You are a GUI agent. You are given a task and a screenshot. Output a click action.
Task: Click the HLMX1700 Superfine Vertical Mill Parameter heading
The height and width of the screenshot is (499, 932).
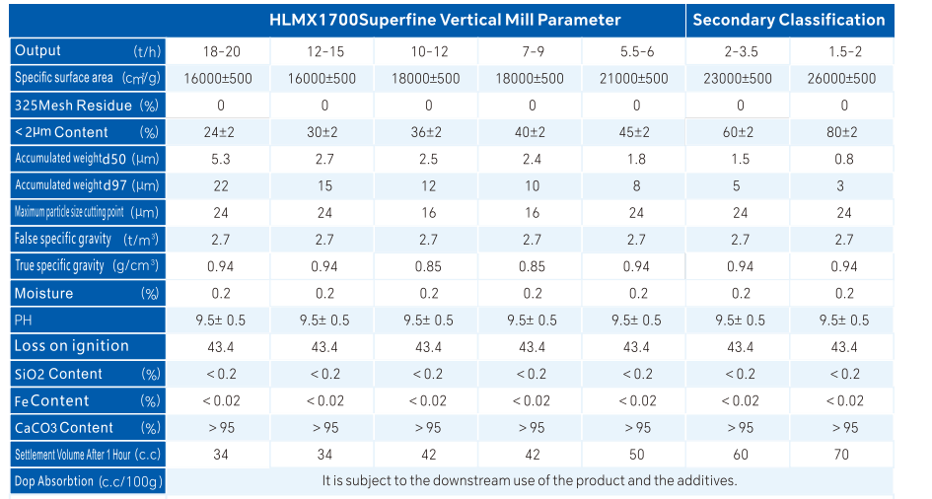tap(445, 20)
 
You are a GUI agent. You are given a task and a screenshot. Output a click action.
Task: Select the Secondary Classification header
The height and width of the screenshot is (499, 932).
tap(789, 20)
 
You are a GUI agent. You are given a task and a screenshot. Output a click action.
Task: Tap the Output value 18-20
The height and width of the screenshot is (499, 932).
tap(221, 51)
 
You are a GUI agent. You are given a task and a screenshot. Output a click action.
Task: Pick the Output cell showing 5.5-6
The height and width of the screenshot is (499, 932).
tap(636, 51)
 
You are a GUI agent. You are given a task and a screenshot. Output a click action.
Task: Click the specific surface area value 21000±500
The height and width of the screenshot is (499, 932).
tap(636, 79)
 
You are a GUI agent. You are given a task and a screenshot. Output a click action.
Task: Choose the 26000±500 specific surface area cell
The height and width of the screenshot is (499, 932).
tap(844, 79)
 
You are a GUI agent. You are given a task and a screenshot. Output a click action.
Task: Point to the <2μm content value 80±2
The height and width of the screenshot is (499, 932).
tap(844, 132)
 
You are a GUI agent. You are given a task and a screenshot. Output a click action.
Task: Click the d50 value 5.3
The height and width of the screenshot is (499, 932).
tap(221, 159)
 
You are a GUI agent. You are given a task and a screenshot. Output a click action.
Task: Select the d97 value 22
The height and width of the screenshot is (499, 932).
tap(221, 185)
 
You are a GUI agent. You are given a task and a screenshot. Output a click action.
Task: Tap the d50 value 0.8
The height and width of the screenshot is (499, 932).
tap(844, 159)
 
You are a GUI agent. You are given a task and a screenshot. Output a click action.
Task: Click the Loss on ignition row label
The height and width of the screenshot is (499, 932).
tap(72, 346)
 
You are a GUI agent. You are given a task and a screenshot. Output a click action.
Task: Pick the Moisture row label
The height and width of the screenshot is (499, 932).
tap(43, 293)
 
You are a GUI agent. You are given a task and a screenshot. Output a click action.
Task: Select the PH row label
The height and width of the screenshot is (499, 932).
tap(24, 320)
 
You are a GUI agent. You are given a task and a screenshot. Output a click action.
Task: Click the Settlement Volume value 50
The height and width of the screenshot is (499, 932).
tap(636, 455)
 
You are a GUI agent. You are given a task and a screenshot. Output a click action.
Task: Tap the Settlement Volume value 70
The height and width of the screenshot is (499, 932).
tap(844, 455)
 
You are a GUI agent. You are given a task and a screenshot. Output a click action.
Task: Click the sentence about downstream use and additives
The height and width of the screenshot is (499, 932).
tap(529, 481)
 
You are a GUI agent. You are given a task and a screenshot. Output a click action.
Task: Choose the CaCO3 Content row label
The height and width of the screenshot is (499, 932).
tap(64, 428)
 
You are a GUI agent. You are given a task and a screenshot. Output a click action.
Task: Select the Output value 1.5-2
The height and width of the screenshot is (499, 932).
tap(844, 51)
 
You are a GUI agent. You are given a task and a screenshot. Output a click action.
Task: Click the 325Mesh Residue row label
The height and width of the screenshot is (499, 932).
tap(73, 106)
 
